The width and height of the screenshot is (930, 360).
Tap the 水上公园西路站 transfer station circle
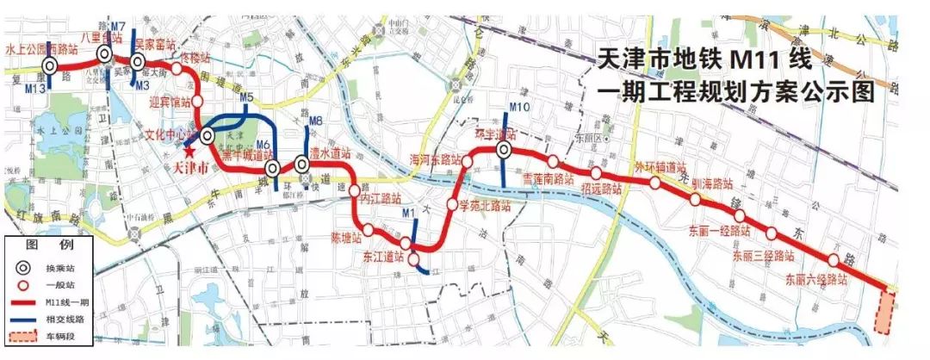click(x=51, y=65)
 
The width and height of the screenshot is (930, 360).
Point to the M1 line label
click(x=408, y=211)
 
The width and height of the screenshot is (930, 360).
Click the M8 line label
click(x=314, y=121)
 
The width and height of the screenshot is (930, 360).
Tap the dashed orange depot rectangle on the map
click(x=884, y=312)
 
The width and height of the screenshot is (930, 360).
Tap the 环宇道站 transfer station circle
click(x=504, y=151)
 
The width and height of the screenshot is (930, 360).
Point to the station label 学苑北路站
click(x=484, y=207)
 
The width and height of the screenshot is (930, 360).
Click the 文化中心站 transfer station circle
click(x=207, y=136)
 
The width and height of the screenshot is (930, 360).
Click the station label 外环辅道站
click(x=660, y=166)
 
